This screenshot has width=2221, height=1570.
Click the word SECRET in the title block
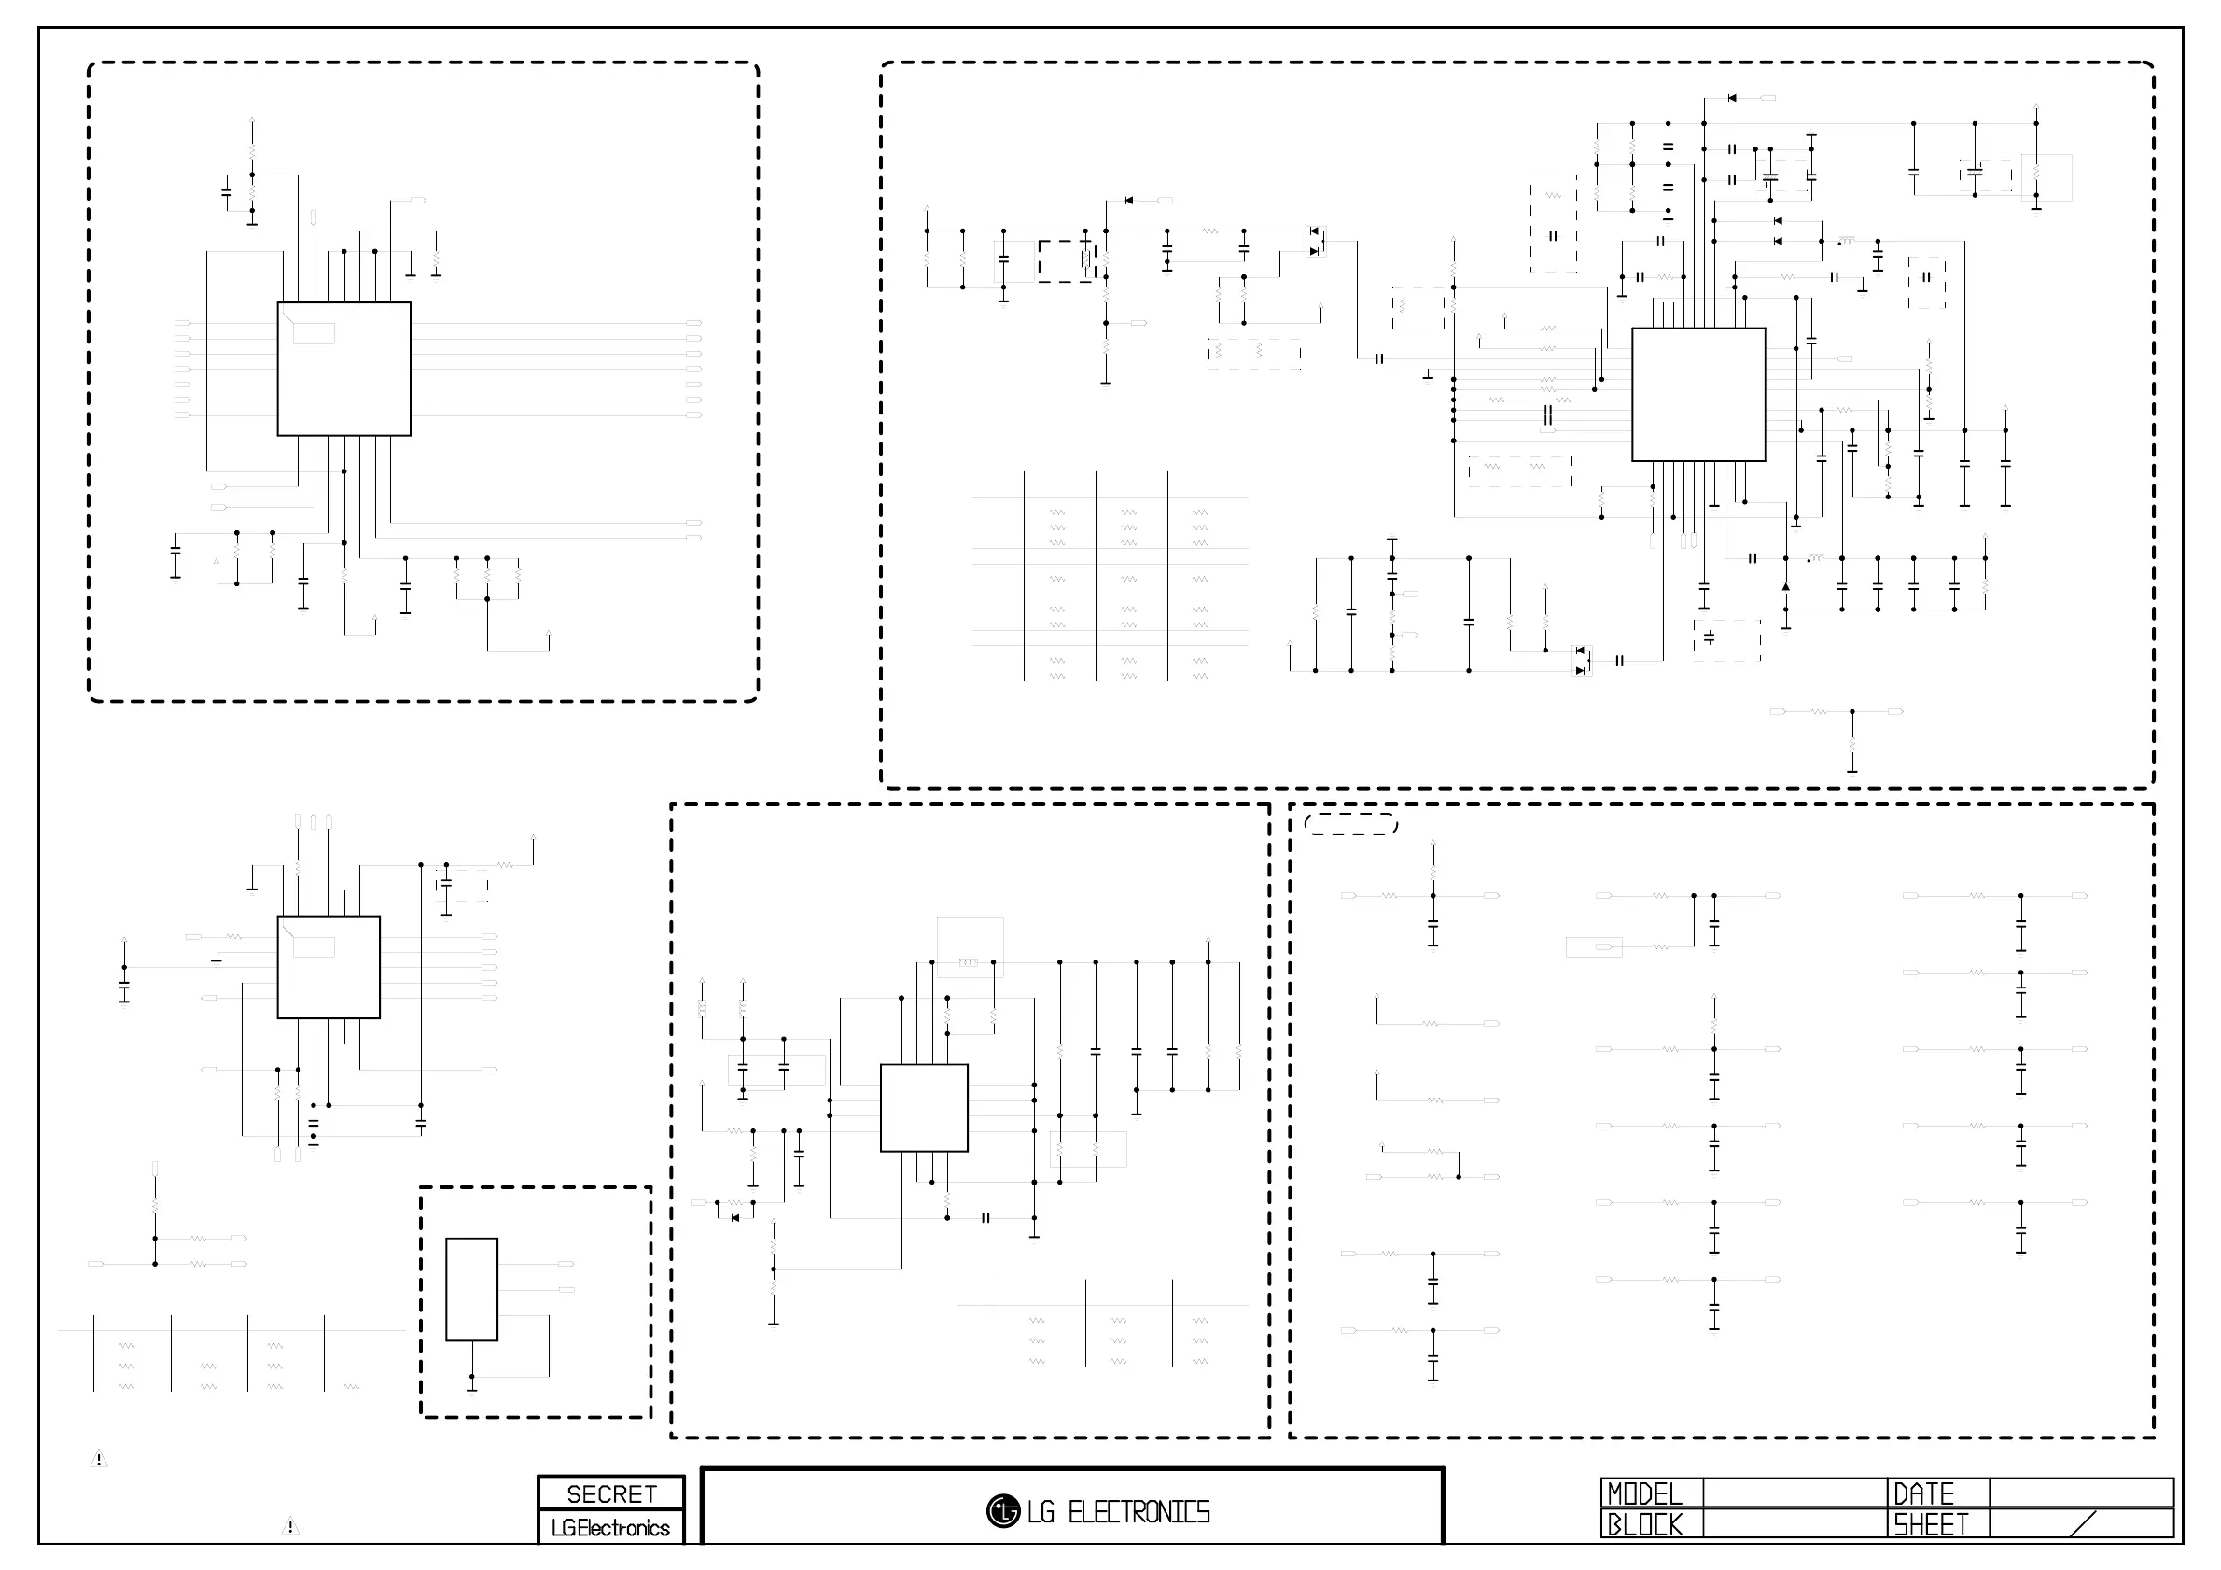pos(611,1493)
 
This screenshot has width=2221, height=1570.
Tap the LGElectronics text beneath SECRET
pos(610,1527)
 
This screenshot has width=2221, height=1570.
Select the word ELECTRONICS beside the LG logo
pos(1138,1512)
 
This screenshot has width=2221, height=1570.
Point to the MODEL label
pos(1644,1493)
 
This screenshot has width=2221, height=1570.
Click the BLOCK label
pos(1644,1524)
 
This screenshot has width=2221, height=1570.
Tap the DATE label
pos(1923,1493)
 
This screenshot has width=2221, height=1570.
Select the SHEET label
pos(1931,1524)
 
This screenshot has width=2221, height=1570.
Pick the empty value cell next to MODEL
pos(1795,1493)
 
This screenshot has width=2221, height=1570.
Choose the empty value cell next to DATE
pos(2081,1493)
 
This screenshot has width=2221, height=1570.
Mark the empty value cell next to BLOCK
pos(1795,1524)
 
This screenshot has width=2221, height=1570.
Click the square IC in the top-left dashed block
pos(343,369)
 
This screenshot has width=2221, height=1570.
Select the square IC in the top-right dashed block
pos(1697,395)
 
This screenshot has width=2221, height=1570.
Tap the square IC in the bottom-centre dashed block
pos(924,1108)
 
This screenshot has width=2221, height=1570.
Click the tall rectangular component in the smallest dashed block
pos(471,1289)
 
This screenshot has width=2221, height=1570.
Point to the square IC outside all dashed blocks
pos(328,967)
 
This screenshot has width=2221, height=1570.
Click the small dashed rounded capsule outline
pos(1350,824)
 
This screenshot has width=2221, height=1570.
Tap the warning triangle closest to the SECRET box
pos(290,1526)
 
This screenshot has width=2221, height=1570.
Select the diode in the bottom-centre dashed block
pos(735,1218)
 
